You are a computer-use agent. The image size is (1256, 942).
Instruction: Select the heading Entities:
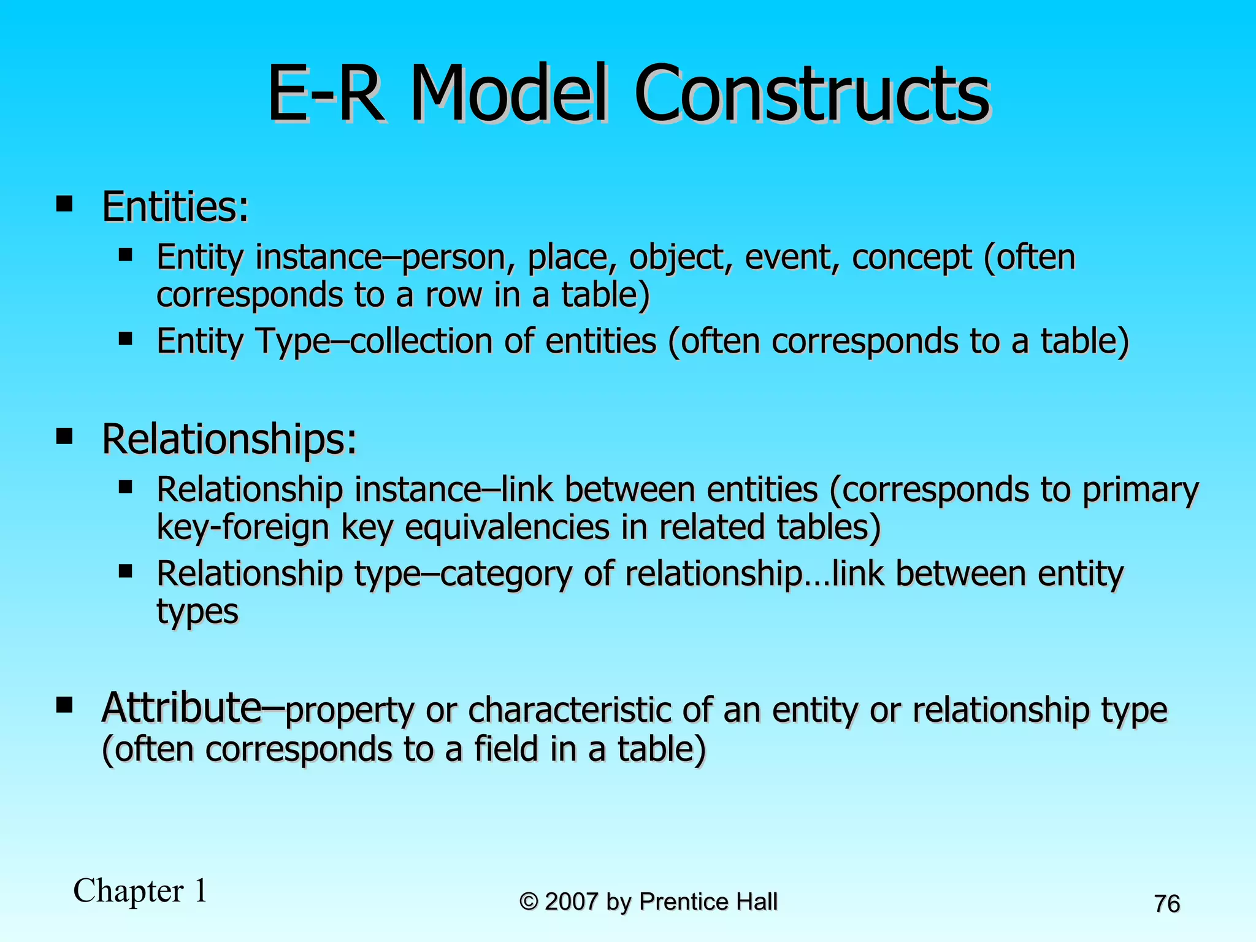coord(175,207)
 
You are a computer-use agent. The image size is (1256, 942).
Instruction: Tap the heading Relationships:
coord(229,439)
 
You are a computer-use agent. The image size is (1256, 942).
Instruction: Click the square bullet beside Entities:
coord(64,204)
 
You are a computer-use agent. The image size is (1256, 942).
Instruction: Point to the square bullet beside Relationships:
coord(64,437)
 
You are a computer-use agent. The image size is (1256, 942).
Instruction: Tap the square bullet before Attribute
coord(64,705)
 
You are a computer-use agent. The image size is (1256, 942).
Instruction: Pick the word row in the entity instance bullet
coord(453,295)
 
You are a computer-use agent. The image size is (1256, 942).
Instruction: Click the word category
coord(506,575)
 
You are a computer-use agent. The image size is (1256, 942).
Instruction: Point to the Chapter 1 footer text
coord(140,891)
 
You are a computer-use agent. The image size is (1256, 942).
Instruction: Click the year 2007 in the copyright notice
coord(571,902)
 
